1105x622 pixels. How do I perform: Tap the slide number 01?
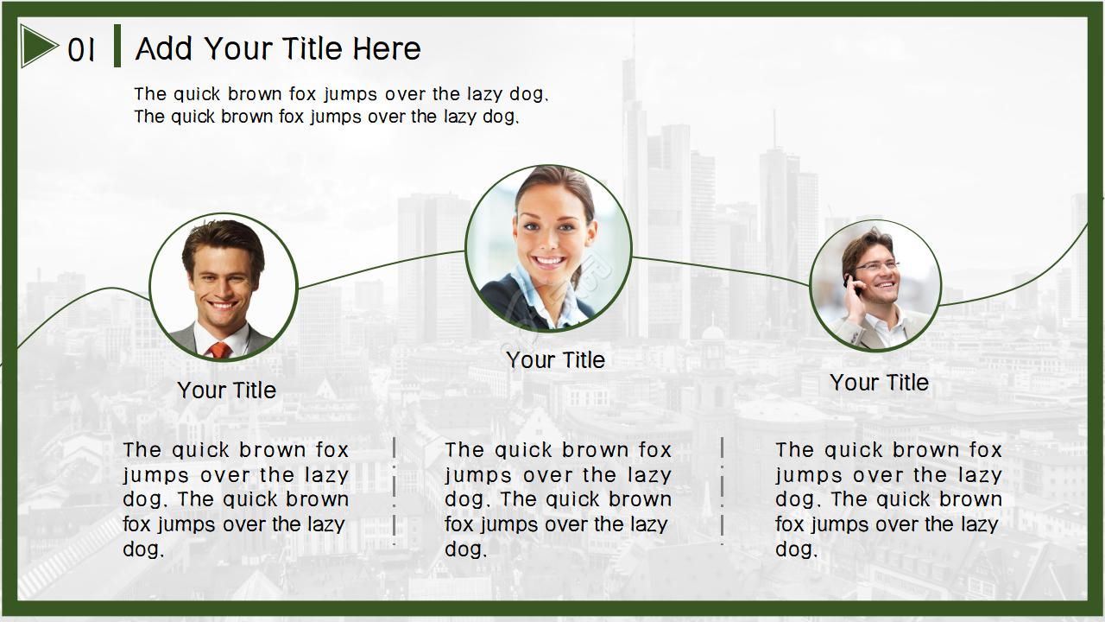tap(81, 50)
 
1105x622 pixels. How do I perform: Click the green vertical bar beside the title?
tap(117, 46)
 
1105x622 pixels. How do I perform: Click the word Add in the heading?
tap(164, 49)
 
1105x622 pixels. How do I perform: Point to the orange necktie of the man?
tap(219, 350)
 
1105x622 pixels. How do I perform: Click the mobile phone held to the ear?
tap(852, 285)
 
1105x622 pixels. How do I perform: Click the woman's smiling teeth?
tap(549, 260)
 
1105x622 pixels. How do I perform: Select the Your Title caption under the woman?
tap(555, 360)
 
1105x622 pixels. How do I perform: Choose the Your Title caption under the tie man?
tap(227, 390)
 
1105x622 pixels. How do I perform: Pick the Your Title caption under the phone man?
tap(879, 383)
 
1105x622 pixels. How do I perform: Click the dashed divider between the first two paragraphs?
tap(395, 492)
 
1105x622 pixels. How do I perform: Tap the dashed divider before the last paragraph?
tap(723, 492)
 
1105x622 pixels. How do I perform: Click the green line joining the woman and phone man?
tap(721, 270)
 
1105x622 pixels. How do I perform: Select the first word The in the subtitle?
tap(150, 94)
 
